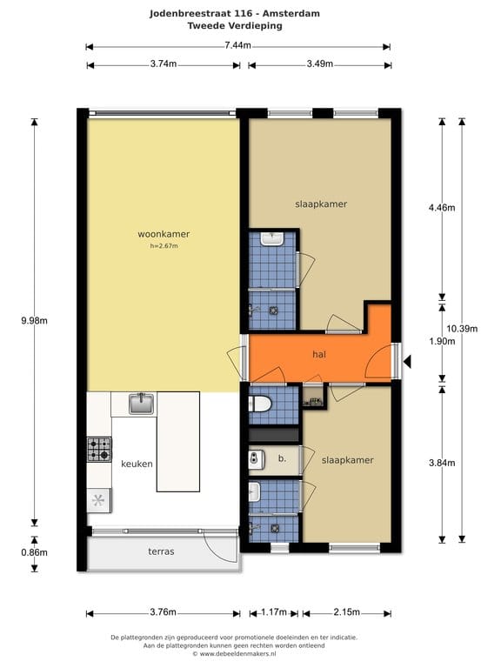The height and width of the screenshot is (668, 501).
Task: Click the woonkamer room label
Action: (x=164, y=234)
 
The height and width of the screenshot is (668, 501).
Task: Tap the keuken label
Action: (x=137, y=464)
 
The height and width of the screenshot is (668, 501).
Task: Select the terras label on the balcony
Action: (x=161, y=551)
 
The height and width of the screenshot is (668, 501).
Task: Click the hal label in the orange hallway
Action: (x=319, y=354)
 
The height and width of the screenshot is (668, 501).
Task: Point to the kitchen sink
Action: (x=142, y=404)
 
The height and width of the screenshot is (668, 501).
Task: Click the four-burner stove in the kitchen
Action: (x=99, y=450)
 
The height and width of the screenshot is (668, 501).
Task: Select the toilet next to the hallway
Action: (x=260, y=404)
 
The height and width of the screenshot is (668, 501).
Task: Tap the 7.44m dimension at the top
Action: (x=237, y=45)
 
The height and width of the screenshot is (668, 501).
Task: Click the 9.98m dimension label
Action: (x=35, y=321)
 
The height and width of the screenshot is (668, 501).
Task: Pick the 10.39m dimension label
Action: (x=462, y=329)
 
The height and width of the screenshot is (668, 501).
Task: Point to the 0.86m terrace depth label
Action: (x=35, y=552)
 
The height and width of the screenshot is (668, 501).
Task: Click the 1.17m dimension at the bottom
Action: (x=273, y=612)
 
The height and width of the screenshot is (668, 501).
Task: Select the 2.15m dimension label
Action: (x=347, y=612)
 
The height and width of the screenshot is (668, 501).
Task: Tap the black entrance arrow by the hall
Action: (x=407, y=362)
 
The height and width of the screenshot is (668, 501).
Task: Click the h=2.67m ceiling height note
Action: (x=164, y=246)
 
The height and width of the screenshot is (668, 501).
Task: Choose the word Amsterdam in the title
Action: (x=291, y=14)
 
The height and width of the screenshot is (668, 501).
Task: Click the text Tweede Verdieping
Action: (x=235, y=25)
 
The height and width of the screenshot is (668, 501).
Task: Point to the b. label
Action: (x=282, y=458)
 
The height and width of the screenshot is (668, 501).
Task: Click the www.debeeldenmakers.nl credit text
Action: (x=237, y=653)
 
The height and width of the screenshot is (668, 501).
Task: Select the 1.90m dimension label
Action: (x=442, y=341)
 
